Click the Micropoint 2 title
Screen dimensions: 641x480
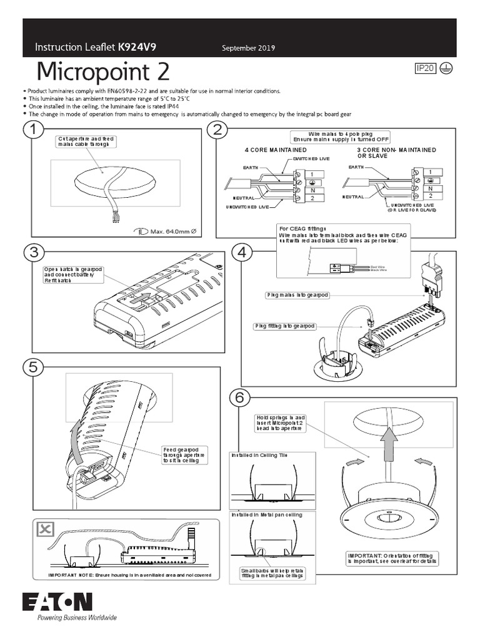102,73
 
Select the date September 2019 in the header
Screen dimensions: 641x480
249,48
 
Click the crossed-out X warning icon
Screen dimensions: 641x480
44,530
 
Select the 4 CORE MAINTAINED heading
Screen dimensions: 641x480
275,151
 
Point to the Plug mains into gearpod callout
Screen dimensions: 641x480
297,294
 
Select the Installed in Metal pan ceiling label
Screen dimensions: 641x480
267,515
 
